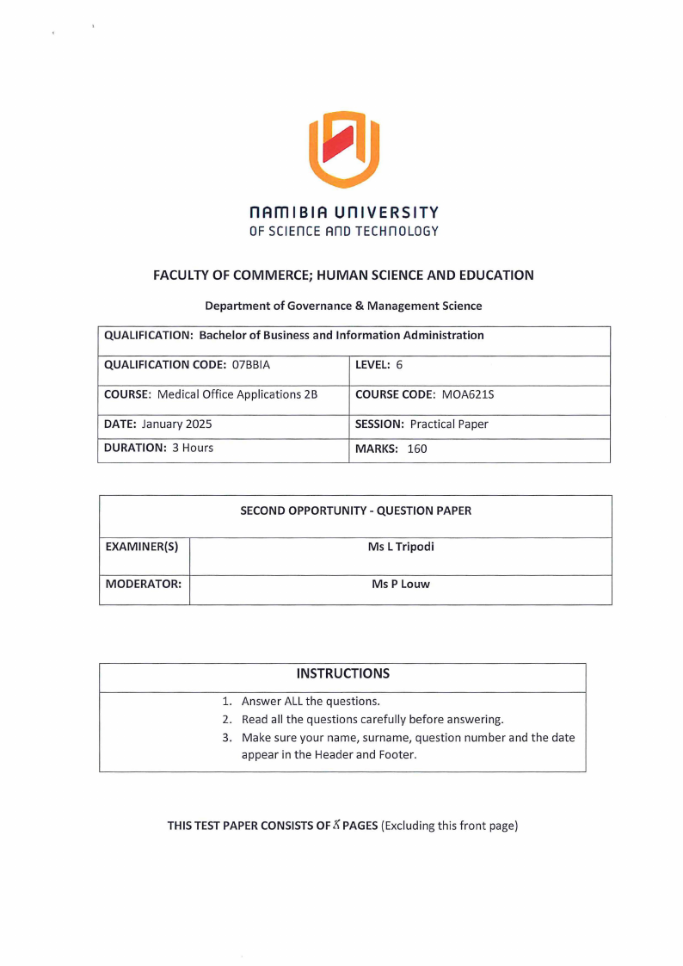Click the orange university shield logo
pyautogui.click(x=344, y=149)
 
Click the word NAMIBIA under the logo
pyautogui.click(x=290, y=213)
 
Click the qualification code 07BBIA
pyautogui.click(x=251, y=365)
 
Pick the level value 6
pyautogui.click(x=399, y=365)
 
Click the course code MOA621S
pyautogui.click(x=468, y=395)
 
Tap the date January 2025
pyautogui.click(x=176, y=424)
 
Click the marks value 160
pyautogui.click(x=417, y=449)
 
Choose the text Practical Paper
pyautogui.click(x=449, y=424)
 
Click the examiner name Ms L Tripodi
pyautogui.click(x=400, y=547)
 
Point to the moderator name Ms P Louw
pyautogui.click(x=400, y=585)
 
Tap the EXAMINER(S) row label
pyautogui.click(x=141, y=547)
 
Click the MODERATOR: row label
pyautogui.click(x=143, y=585)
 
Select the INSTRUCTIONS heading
pyautogui.click(x=342, y=673)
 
